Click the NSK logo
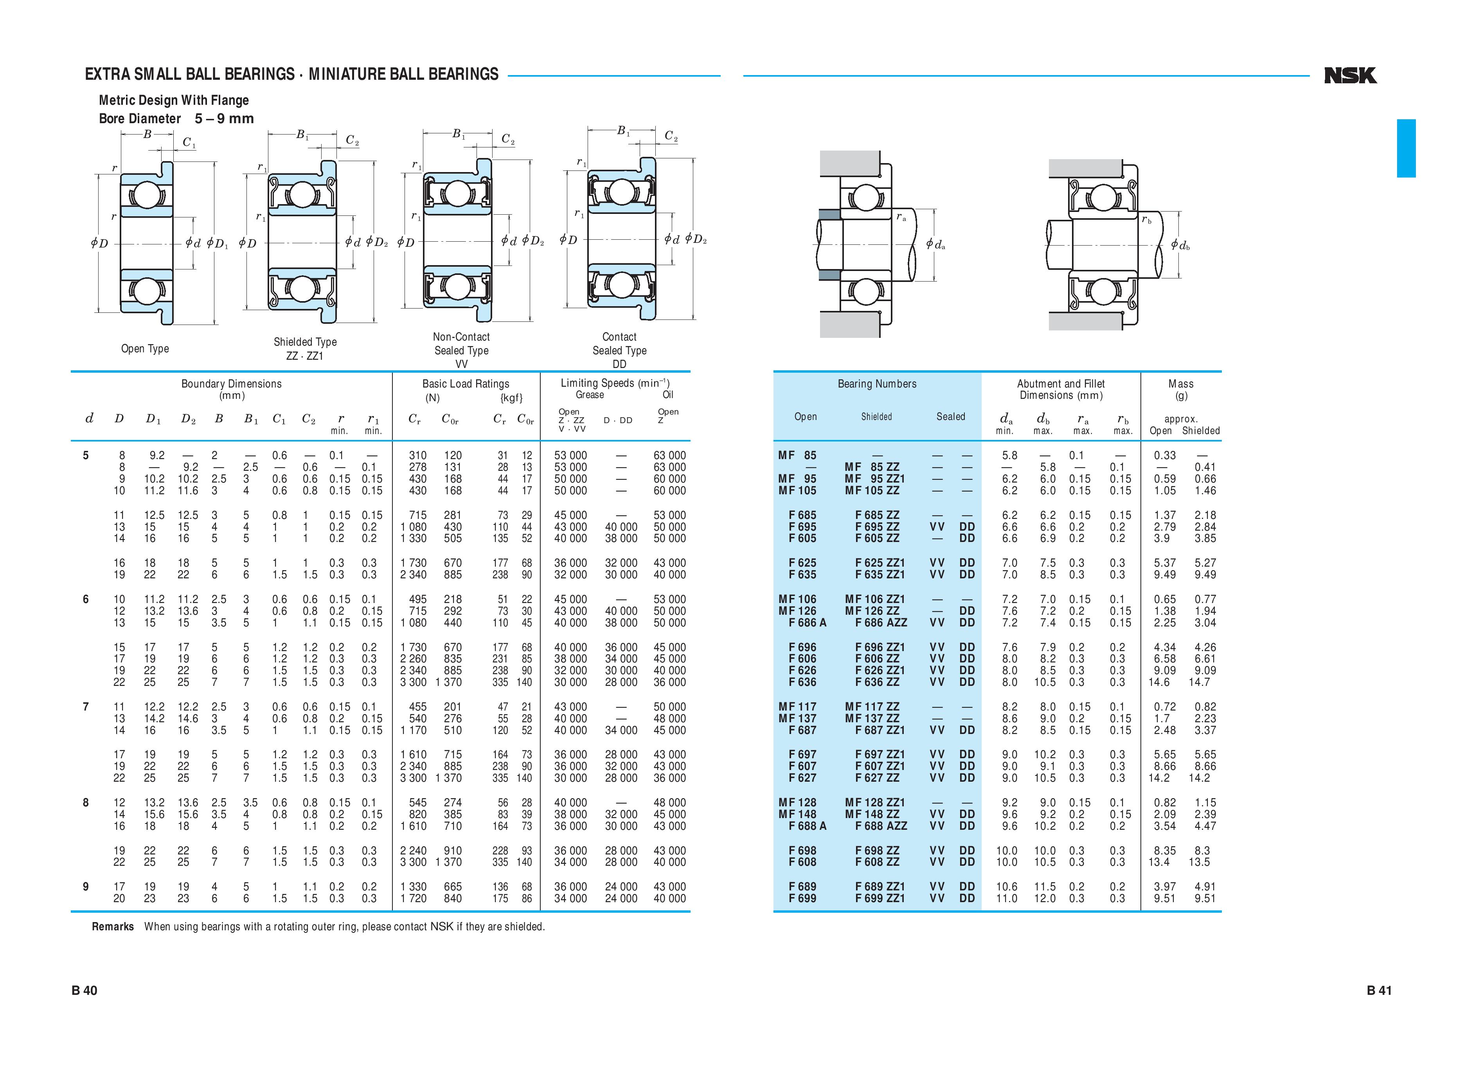click(x=1350, y=75)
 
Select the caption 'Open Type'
click(x=145, y=348)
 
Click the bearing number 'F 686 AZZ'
click(x=881, y=623)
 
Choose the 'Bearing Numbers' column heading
click(x=877, y=384)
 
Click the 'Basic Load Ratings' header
click(x=466, y=384)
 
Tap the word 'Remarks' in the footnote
click(x=113, y=927)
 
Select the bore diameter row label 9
click(x=86, y=887)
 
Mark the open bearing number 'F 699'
click(x=802, y=898)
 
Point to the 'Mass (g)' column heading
click(x=1181, y=389)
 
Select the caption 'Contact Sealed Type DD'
click(x=619, y=350)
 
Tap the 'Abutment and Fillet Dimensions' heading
click(x=1061, y=389)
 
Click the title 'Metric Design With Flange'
click(x=174, y=100)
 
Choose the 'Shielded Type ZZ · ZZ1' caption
click(x=305, y=348)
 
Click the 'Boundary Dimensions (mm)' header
click(x=231, y=389)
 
